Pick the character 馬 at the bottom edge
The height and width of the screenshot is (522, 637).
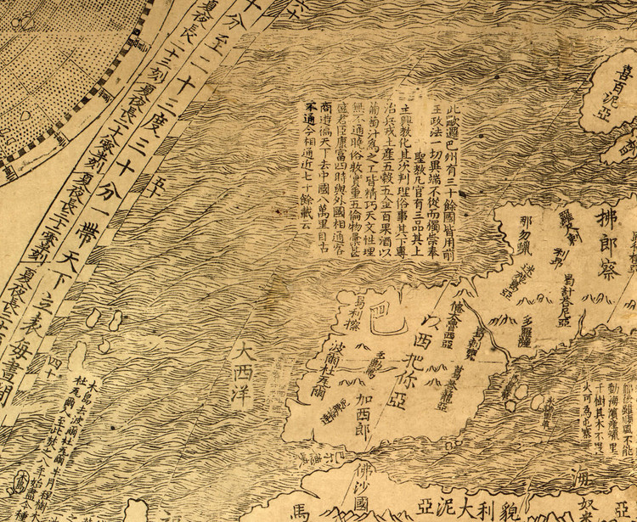(x=302, y=512)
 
